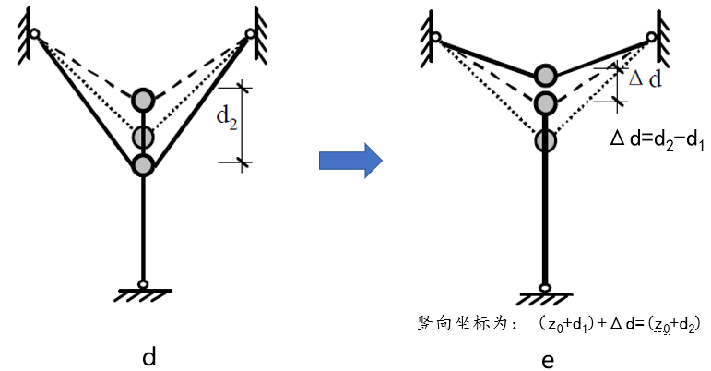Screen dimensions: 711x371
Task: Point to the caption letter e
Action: (x=548, y=359)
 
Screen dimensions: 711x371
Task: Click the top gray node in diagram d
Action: (x=143, y=99)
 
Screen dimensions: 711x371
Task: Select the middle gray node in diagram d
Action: (x=142, y=138)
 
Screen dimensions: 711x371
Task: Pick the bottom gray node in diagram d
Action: (x=143, y=165)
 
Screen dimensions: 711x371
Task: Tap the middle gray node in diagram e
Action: (x=546, y=102)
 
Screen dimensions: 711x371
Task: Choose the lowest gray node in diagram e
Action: (x=546, y=140)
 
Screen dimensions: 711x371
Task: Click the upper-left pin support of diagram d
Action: (x=34, y=35)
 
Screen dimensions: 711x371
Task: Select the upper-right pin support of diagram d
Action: (x=250, y=35)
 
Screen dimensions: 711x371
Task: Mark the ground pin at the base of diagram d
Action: (x=143, y=284)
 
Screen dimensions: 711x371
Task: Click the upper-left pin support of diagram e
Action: (x=436, y=39)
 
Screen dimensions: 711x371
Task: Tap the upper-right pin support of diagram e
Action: (x=652, y=39)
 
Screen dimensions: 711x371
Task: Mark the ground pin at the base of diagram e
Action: (x=546, y=288)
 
